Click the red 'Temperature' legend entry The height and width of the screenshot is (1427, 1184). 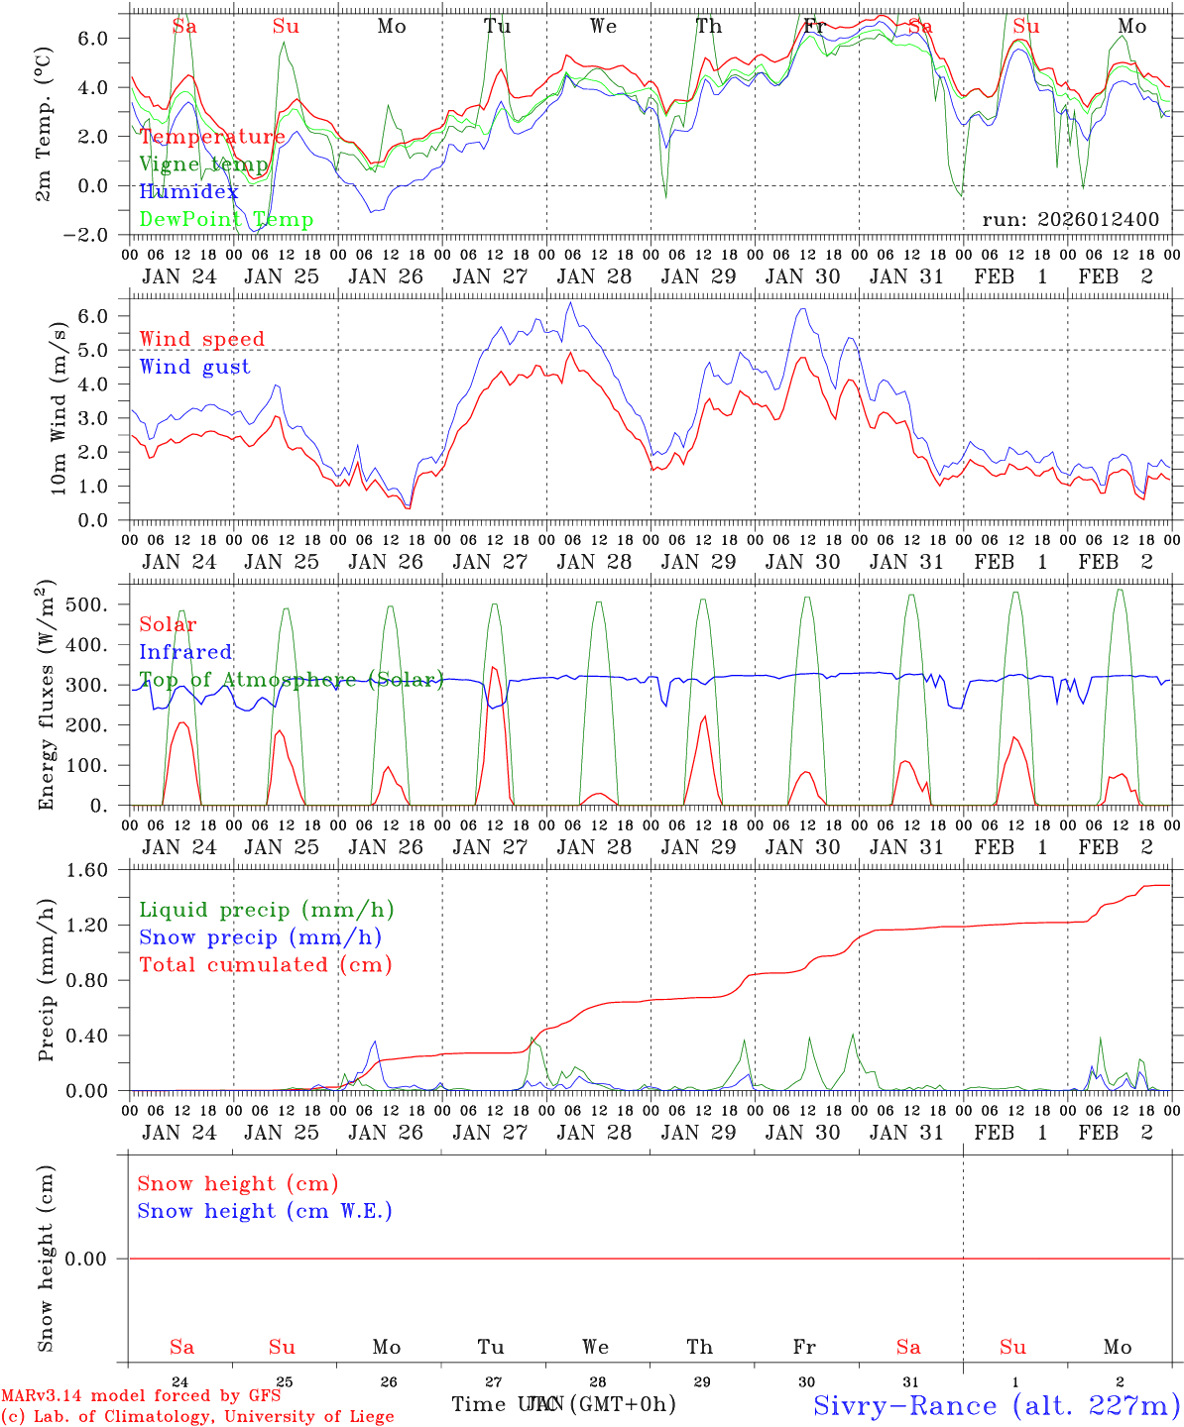[x=212, y=137]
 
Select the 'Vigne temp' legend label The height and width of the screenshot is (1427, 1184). [x=203, y=165]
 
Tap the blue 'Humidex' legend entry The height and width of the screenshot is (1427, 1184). [x=189, y=192]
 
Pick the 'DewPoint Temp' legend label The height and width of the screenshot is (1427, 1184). [x=226, y=219]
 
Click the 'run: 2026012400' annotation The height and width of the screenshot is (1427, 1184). [x=1070, y=220]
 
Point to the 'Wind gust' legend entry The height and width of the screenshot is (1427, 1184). [x=194, y=367]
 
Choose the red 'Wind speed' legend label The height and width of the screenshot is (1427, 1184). [x=201, y=339]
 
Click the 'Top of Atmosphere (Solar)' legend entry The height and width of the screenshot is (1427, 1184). [x=291, y=680]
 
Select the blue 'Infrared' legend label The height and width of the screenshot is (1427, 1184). [x=185, y=652]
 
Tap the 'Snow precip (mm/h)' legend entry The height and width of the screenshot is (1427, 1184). [x=260, y=937]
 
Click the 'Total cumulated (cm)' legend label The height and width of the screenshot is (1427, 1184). [x=265, y=964]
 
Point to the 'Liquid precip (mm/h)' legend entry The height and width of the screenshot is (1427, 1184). [x=266, y=910]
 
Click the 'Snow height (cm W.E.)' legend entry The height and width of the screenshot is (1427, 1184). [x=265, y=1211]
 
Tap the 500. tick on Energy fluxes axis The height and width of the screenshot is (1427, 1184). [x=98, y=604]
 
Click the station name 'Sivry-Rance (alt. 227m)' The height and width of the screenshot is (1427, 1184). [x=995, y=1405]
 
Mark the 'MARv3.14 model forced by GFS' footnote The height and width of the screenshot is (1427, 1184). [x=141, y=1396]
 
